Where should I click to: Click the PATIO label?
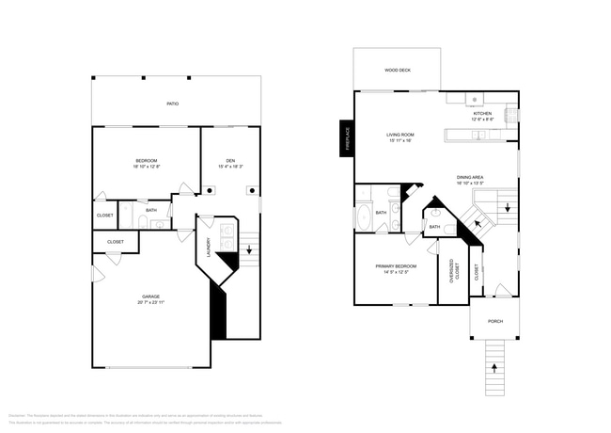(172, 104)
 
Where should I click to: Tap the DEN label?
(230, 160)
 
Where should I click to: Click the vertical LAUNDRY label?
(209, 248)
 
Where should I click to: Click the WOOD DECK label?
(397, 71)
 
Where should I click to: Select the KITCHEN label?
(482, 114)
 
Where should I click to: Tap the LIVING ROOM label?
(400, 135)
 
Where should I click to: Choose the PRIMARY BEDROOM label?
(395, 266)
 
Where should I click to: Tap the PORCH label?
(494, 321)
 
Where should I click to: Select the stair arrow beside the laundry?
(249, 250)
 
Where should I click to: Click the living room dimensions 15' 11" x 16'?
(400, 141)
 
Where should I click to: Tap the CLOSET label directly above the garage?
(115, 242)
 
